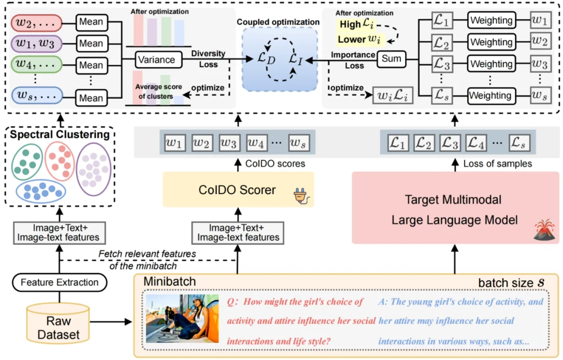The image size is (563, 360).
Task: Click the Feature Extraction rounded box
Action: tap(59, 282)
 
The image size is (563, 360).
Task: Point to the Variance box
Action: tap(157, 59)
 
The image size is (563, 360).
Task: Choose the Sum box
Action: tap(391, 59)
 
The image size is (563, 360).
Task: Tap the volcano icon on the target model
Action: tap(544, 231)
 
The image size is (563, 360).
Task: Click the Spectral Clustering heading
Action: tap(60, 135)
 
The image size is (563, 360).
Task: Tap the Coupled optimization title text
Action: tap(278, 22)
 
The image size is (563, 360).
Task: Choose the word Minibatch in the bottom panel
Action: tap(169, 282)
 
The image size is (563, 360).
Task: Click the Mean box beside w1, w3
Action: tap(91, 44)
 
